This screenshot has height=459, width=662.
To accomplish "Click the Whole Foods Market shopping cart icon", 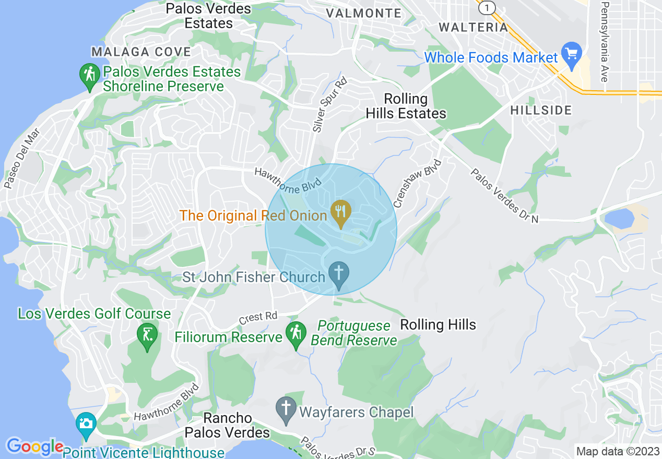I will click(571, 55).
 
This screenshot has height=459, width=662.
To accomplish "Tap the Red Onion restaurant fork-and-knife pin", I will click(340, 213).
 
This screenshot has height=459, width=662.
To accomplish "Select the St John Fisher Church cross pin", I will click(339, 274).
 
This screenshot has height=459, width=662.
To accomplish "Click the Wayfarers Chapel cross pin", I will click(286, 410).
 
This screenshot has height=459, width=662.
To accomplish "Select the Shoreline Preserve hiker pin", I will click(89, 76).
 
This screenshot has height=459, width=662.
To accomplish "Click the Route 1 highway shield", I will click(487, 7).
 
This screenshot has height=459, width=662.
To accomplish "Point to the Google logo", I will click(34, 446).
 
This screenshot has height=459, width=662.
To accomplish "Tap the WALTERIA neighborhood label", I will click(473, 27).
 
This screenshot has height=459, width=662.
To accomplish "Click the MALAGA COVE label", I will click(141, 52).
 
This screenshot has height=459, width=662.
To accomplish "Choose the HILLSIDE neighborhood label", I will click(541, 110).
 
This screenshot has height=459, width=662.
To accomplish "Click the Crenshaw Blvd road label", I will click(417, 184).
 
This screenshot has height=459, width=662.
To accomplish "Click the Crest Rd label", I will click(258, 317).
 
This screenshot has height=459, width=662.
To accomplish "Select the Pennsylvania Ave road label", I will click(605, 42).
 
